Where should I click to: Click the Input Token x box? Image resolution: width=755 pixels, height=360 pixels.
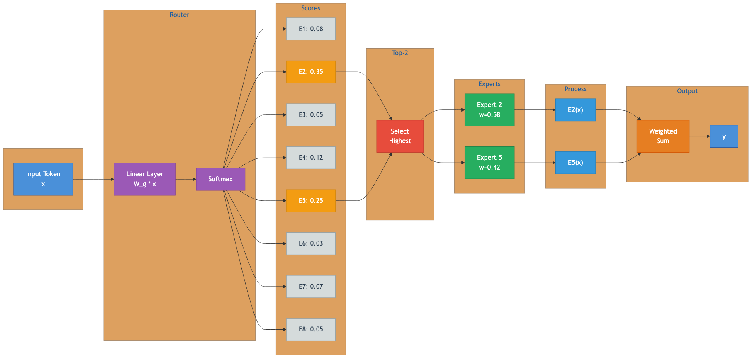(x=43, y=179)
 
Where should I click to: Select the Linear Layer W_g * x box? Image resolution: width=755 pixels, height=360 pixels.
(x=145, y=179)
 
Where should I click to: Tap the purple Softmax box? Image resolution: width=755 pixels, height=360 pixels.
(x=220, y=179)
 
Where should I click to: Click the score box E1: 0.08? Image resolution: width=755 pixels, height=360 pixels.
(x=311, y=29)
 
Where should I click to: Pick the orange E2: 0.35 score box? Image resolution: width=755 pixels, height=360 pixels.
(x=311, y=72)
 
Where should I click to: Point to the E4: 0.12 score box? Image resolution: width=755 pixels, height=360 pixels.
(x=311, y=158)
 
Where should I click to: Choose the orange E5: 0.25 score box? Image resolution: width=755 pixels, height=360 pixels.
(x=311, y=201)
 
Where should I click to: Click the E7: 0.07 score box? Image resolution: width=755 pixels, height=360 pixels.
(x=311, y=287)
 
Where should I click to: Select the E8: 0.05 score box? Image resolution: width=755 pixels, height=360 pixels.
(x=311, y=329)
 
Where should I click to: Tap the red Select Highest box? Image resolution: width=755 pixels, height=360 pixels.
(x=400, y=136)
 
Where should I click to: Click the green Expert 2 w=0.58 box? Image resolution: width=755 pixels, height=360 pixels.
(x=490, y=110)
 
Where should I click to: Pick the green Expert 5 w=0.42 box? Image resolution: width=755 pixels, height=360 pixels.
(x=490, y=163)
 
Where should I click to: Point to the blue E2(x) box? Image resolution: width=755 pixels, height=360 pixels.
(x=575, y=110)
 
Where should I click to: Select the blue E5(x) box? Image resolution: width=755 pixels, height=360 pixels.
(x=575, y=163)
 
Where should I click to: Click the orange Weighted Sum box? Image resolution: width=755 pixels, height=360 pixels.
(x=663, y=136)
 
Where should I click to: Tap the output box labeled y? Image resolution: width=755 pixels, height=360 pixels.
(x=724, y=136)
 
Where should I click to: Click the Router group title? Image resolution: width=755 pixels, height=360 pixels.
(x=179, y=15)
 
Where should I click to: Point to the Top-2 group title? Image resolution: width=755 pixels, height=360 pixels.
(x=400, y=53)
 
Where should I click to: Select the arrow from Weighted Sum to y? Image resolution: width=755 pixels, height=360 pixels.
(x=699, y=136)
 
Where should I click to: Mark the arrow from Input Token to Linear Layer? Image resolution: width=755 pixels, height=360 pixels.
(x=93, y=179)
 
